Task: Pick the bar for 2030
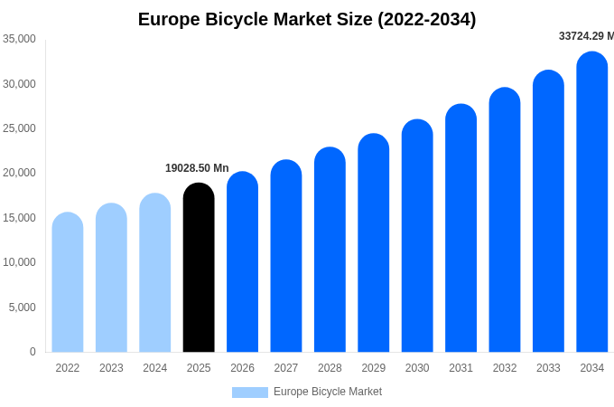(417, 236)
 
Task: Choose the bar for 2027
(286, 256)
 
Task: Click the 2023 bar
(111, 278)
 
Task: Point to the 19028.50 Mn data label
(197, 168)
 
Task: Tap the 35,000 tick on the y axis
(19, 39)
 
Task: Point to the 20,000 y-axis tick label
(19, 173)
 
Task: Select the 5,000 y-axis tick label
(22, 308)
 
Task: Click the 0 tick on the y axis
(33, 352)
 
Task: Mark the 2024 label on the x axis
(154, 368)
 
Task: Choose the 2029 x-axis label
(373, 368)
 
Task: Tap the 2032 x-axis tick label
(505, 368)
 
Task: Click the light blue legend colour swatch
(250, 393)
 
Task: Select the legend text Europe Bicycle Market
(328, 392)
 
